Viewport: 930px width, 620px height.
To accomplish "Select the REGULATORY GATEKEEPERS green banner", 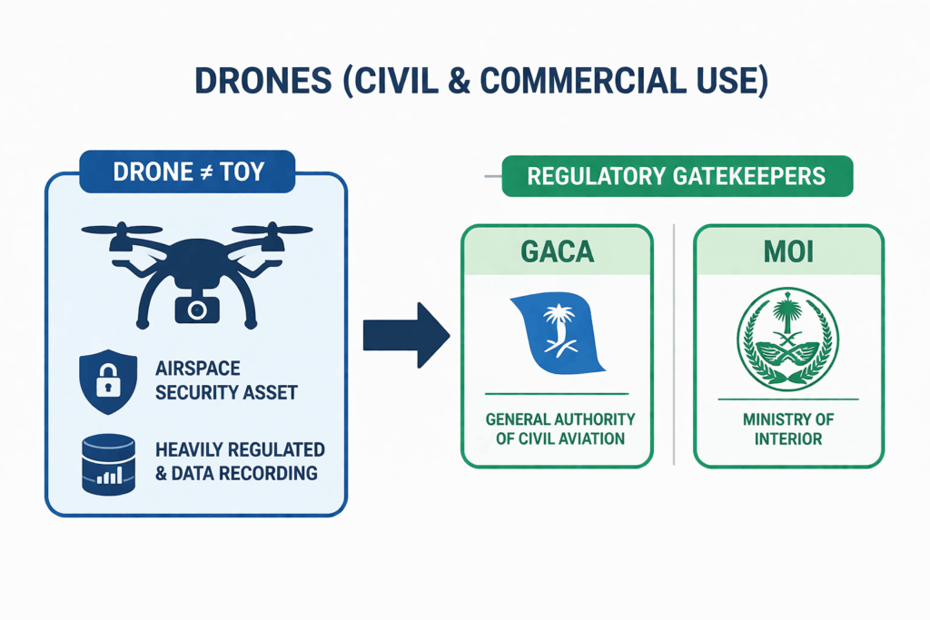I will click(677, 175).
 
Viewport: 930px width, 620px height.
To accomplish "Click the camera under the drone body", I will click(196, 309).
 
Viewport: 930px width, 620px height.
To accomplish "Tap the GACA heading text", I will click(557, 251).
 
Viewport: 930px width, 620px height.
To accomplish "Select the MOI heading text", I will click(787, 251).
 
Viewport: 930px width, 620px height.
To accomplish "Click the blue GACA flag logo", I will click(557, 335).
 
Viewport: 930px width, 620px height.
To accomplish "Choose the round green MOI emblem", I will click(787, 338).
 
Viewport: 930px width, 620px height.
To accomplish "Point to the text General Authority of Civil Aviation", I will click(557, 429).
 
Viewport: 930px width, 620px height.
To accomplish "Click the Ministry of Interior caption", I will click(787, 429).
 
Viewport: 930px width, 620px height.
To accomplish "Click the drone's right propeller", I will click(281, 231).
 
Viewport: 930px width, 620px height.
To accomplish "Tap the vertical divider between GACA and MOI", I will click(673, 345).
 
